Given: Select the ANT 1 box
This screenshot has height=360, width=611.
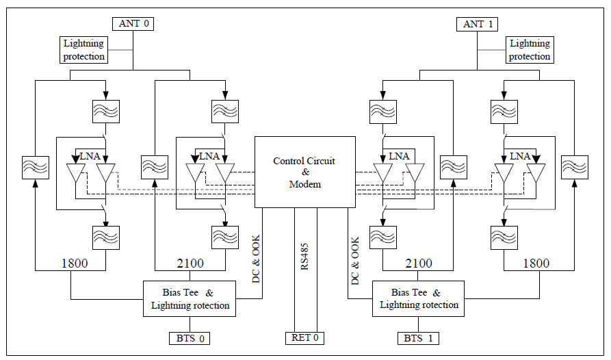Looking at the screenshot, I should coord(478,24).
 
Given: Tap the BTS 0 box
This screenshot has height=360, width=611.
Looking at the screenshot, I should coord(190,337).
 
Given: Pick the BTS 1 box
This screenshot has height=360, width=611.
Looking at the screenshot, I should coord(419,337).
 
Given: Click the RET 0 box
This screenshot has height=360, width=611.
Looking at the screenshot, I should coord(305,337).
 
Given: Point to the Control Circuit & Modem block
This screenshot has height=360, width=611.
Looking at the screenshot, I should coord(305,172).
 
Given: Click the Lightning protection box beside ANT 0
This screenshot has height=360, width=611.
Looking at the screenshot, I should coord(84,50).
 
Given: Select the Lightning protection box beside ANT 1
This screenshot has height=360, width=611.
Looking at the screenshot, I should coord(530,50).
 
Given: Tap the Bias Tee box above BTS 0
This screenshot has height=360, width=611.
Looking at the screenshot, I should coord(190,298).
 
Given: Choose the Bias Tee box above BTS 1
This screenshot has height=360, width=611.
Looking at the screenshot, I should coord(419,298).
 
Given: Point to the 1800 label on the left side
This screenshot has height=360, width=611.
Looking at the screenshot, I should coord(74,263).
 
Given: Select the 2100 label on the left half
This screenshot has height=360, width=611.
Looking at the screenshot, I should coord(190,263).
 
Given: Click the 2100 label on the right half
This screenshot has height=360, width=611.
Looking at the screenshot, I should coord(418,263).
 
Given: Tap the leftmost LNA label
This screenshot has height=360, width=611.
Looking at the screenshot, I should coord(90,156).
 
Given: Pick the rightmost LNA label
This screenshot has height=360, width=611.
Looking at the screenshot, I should coord(520,156).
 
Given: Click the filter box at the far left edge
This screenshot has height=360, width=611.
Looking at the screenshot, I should coord(34,167).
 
